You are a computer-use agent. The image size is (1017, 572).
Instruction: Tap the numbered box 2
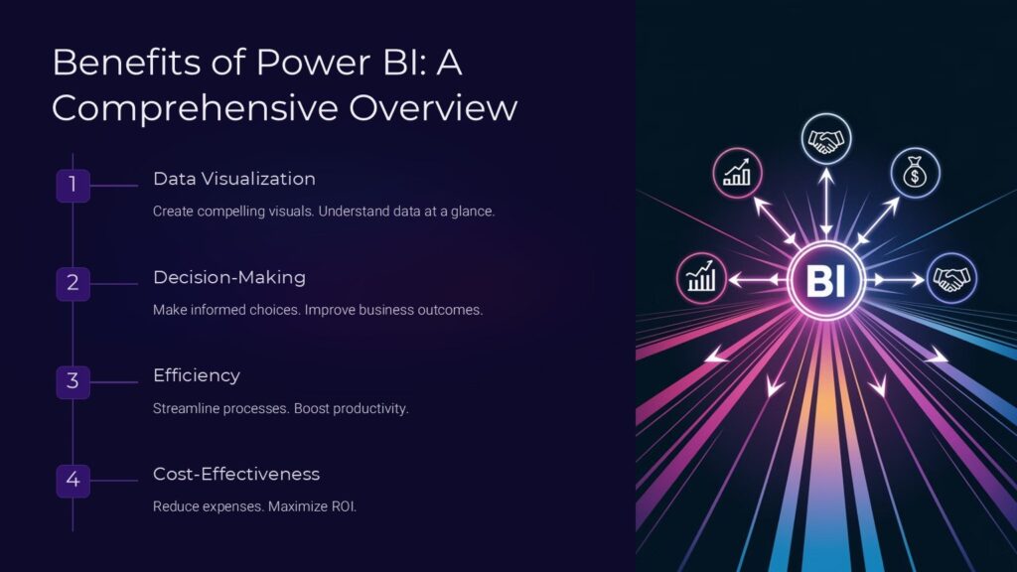pos(73,283)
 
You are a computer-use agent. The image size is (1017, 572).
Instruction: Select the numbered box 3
pos(73,380)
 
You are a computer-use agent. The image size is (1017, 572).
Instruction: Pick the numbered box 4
pos(73,481)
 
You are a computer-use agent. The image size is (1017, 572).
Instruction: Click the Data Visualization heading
pos(233,179)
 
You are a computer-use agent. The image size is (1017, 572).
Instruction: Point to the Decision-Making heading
pos(229,277)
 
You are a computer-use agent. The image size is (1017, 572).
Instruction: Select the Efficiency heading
pos(197,375)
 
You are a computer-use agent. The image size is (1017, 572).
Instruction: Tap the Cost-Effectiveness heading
pos(236,474)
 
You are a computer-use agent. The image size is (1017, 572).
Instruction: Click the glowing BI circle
pos(825,281)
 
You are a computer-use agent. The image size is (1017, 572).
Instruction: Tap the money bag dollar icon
pos(914,174)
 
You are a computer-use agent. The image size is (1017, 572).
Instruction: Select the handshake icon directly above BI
pos(824,140)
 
